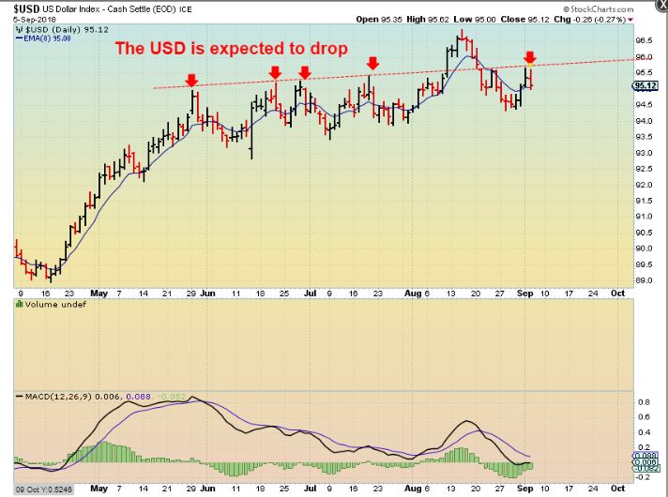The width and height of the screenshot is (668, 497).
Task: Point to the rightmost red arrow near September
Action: point(530,58)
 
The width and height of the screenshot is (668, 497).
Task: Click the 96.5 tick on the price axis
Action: point(645,41)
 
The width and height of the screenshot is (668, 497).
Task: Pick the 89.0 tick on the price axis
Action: point(645,280)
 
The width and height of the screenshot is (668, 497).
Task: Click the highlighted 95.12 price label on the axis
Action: point(645,85)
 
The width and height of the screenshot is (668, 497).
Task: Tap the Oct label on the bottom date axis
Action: point(619,489)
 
